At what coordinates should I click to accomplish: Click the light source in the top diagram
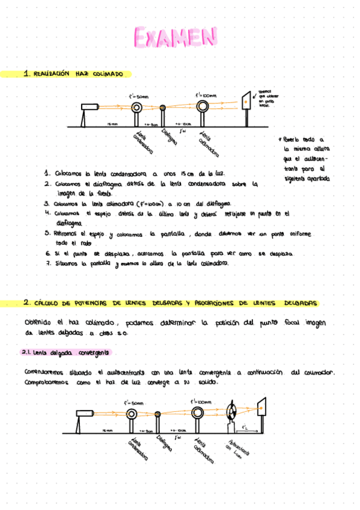coord(90,107)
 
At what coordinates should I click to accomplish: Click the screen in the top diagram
coord(247,101)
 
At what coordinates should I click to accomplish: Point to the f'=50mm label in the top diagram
coord(138,96)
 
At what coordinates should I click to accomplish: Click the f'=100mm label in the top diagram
coord(205,94)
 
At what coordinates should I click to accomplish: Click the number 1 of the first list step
coord(47,173)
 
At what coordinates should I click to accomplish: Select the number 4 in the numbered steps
coord(46,213)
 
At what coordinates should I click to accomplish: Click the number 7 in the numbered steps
coord(47,263)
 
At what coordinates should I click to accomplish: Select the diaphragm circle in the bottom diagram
coord(157,414)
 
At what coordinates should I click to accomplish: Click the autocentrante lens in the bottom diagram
coord(232,413)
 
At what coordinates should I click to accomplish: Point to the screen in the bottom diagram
coord(262,408)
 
